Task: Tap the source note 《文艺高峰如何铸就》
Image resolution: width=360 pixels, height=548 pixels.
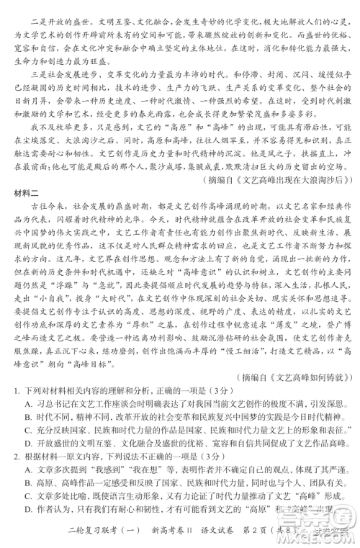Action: point(301,397)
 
